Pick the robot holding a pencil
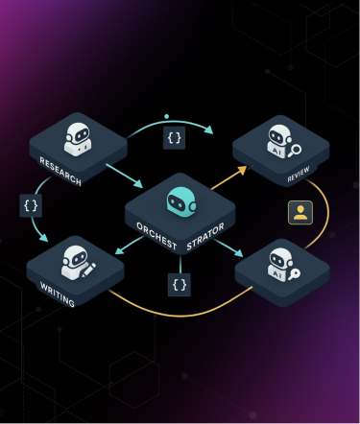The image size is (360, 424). [x=78, y=259]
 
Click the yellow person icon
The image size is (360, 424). [x=300, y=212]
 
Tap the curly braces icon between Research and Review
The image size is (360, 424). [x=174, y=138]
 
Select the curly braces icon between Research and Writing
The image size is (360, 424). [x=31, y=204]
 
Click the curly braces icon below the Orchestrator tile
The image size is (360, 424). [x=179, y=284]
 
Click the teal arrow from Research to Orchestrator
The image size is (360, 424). [x=125, y=174]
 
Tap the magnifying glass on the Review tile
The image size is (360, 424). [x=298, y=150]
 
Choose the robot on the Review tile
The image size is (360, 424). [x=279, y=143]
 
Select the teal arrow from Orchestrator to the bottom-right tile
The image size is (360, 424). [x=228, y=249]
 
